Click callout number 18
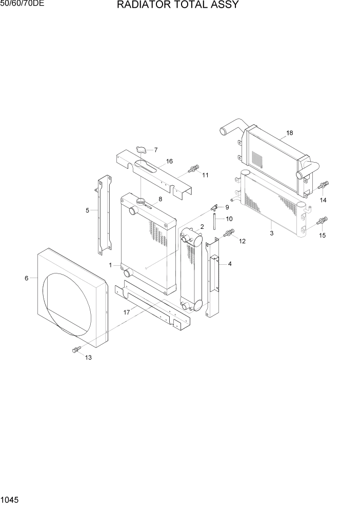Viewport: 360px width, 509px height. (289, 133)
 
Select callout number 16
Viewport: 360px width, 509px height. (169, 161)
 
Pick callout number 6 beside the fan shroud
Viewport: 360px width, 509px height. (26, 278)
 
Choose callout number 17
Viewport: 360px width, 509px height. (126, 311)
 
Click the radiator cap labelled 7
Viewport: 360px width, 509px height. (142, 150)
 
